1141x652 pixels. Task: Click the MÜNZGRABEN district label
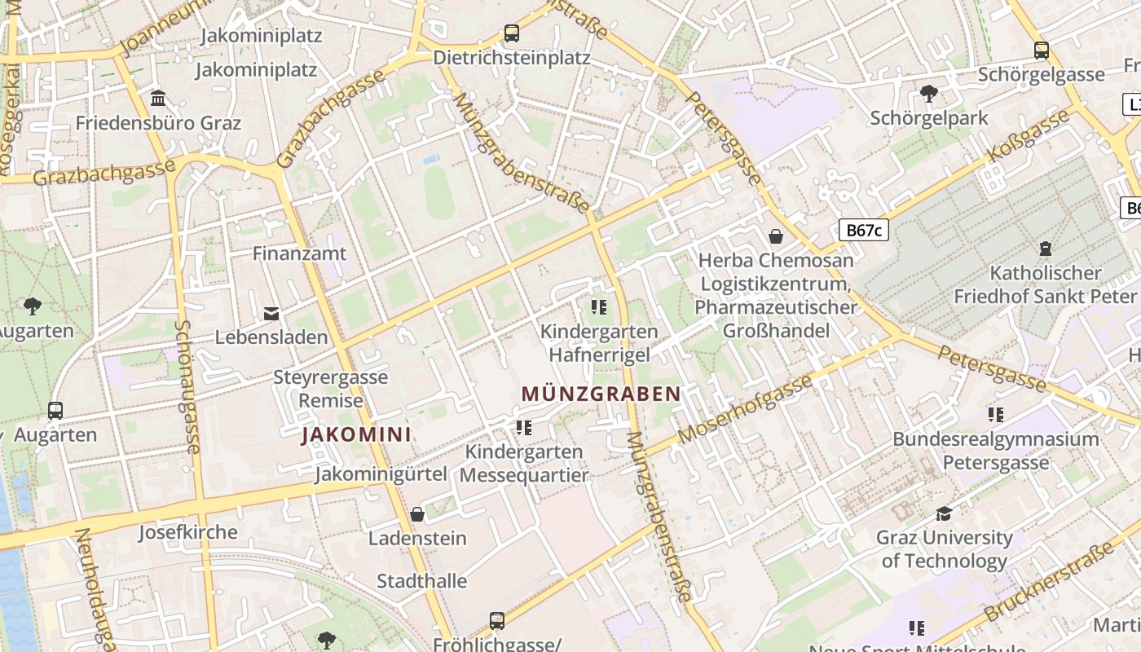coord(601,394)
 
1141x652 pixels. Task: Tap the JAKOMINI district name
coord(356,434)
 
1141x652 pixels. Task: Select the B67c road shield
coord(864,230)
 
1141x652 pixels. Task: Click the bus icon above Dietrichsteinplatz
coord(511,33)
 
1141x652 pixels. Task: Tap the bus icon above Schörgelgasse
coord(1042,50)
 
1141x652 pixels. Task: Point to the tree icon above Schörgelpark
coord(928,94)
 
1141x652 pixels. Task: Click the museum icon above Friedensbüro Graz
coord(158,99)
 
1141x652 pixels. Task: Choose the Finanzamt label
coord(299,253)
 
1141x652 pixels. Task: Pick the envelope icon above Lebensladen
coord(271,313)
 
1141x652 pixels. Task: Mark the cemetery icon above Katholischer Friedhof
coord(1045,249)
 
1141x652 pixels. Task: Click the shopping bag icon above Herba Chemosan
coord(776,236)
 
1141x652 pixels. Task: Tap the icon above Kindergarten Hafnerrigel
coord(599,307)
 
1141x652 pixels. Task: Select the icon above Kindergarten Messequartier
coord(524,427)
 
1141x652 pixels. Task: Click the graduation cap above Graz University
coord(944,513)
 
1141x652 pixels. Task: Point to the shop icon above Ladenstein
coord(417,514)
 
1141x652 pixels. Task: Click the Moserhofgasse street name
coord(745,408)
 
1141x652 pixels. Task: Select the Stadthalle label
coord(421,581)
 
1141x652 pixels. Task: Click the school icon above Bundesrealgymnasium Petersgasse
coord(995,415)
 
